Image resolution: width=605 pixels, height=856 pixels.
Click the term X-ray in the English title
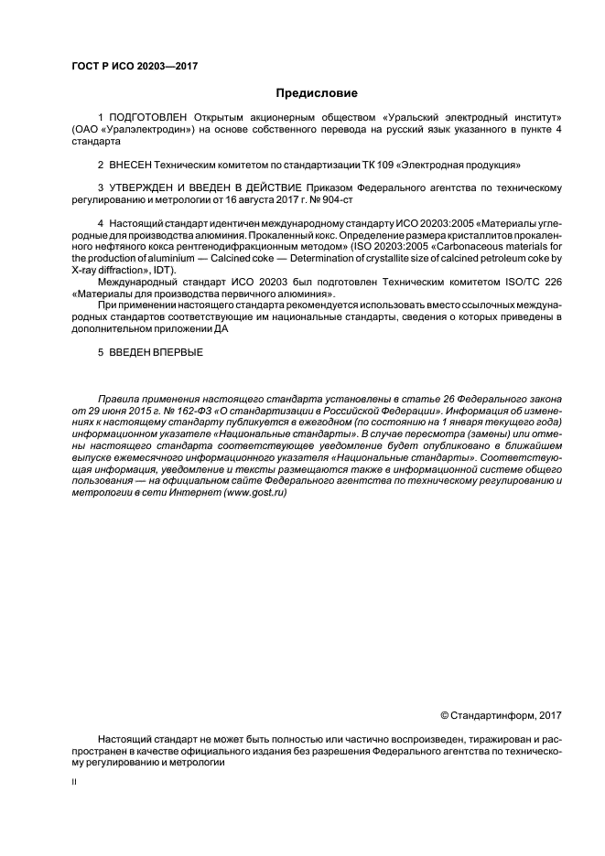(88, 270)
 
